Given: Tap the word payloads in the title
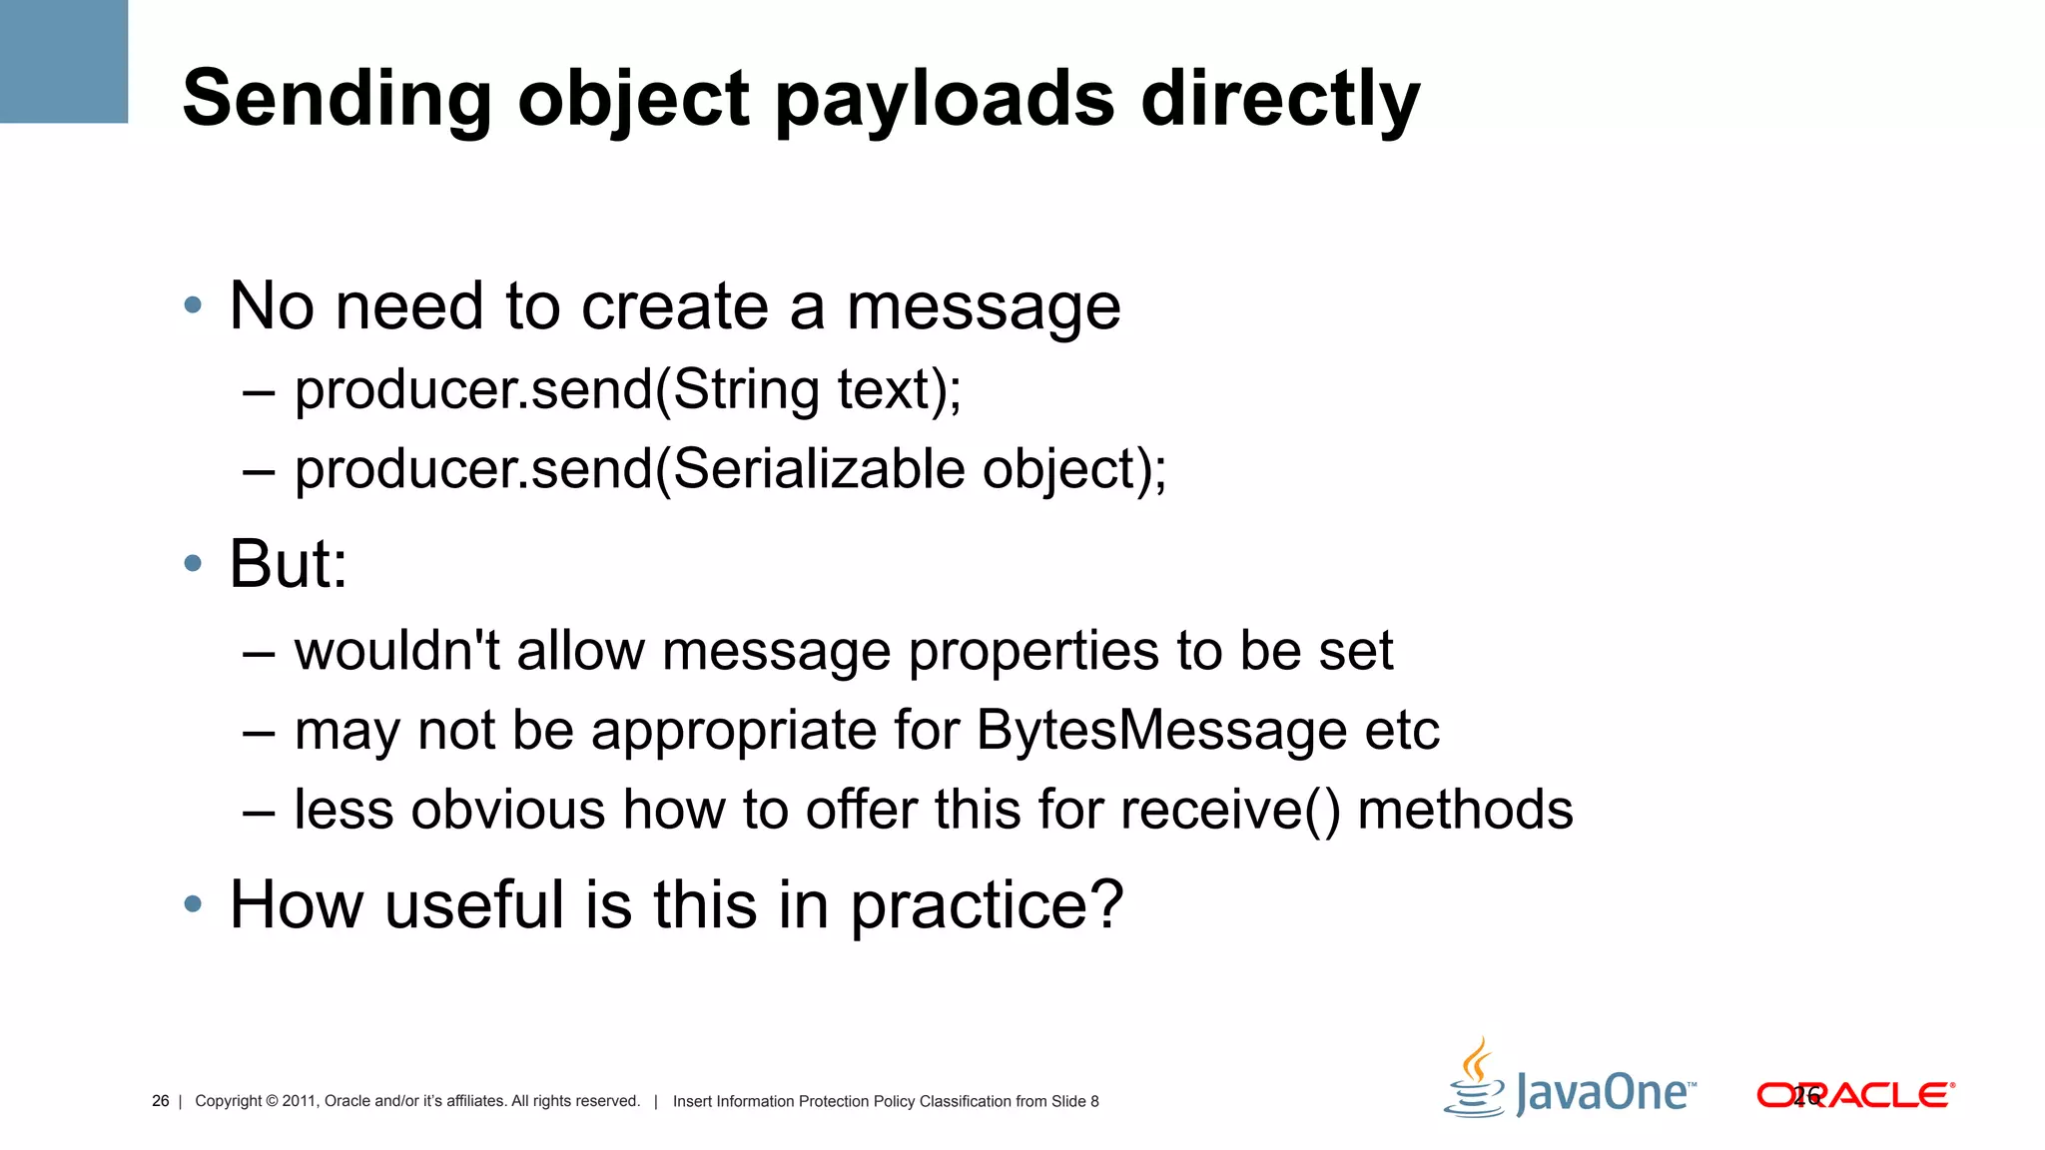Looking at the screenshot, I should [944, 100].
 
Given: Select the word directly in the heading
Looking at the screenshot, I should [1280, 100].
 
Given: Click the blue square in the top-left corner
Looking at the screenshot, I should [64, 61].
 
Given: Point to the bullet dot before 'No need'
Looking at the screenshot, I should [193, 305].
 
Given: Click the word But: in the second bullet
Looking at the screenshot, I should [289, 564].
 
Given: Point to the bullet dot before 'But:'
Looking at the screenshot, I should [193, 564].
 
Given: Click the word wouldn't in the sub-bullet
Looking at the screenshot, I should [396, 651].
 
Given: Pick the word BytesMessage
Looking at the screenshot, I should [1161, 731].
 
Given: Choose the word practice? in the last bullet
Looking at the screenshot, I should [987, 905].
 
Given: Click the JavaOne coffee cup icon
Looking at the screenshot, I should [1475, 1080].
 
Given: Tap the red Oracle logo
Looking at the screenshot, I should [1854, 1095].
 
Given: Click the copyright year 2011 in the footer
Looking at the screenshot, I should [299, 1101].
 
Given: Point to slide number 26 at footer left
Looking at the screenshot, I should [160, 1101].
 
